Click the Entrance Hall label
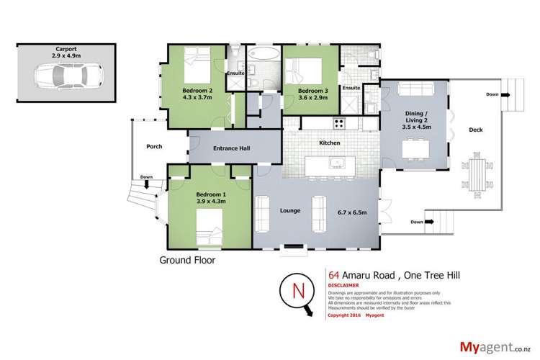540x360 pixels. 231,150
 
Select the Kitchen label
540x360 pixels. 330,143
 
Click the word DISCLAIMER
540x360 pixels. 344,284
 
